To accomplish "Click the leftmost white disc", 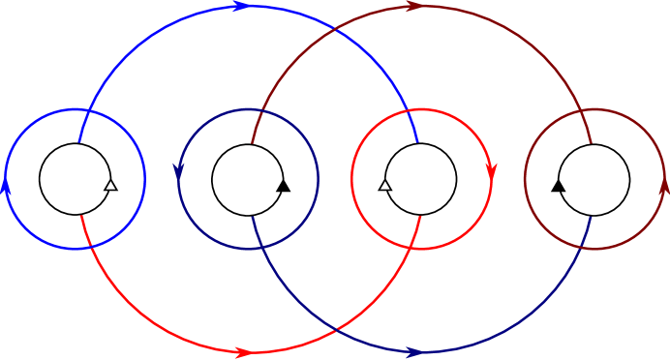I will tap(75, 179).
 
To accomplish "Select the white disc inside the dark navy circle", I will tap(248, 179).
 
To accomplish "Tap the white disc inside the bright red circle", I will tap(421, 179).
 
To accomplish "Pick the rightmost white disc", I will tap(594, 179).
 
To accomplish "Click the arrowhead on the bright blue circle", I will tap(6, 185).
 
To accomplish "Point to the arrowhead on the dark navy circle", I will tap(179, 171).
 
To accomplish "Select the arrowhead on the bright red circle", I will tap(491, 171).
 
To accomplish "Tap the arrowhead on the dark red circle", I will tap(664, 185).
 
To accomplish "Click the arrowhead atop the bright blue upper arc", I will tap(241, 7).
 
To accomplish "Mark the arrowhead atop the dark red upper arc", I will tap(414, 7).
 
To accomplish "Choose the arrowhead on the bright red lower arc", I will tap(244, 352).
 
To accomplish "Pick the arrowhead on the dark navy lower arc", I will tap(415, 352).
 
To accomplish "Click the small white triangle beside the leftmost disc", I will tap(109, 185).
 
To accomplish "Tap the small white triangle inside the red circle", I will tap(385, 185).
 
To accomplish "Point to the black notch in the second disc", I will tap(281, 184).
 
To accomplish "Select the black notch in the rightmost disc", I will tap(562, 184).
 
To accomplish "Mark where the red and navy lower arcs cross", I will tap(335, 330).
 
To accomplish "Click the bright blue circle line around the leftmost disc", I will tap(75, 110).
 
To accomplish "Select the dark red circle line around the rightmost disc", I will tap(594, 110).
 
